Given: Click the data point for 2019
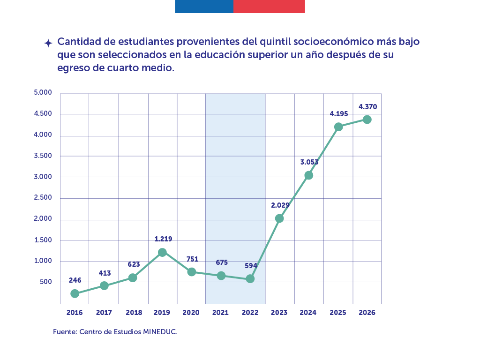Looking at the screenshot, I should [162, 252].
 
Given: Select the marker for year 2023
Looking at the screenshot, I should [279, 218].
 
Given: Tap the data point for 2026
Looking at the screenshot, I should [367, 120].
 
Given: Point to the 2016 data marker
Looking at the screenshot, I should [75, 293].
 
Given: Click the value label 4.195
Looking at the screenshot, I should [338, 114].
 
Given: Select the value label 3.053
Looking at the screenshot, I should [309, 162].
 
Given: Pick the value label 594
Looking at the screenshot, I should [251, 266].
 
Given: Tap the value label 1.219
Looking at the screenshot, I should [163, 239].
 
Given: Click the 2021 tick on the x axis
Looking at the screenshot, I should [220, 313].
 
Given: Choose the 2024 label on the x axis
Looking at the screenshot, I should [308, 313].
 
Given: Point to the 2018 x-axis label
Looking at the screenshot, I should [134, 313].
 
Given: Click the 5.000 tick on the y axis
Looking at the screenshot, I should [43, 92].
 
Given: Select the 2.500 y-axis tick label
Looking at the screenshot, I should [43, 197].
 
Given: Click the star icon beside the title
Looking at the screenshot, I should [48, 43].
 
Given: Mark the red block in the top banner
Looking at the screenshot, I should [269, 7].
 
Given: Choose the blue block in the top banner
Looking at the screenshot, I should [204, 7].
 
